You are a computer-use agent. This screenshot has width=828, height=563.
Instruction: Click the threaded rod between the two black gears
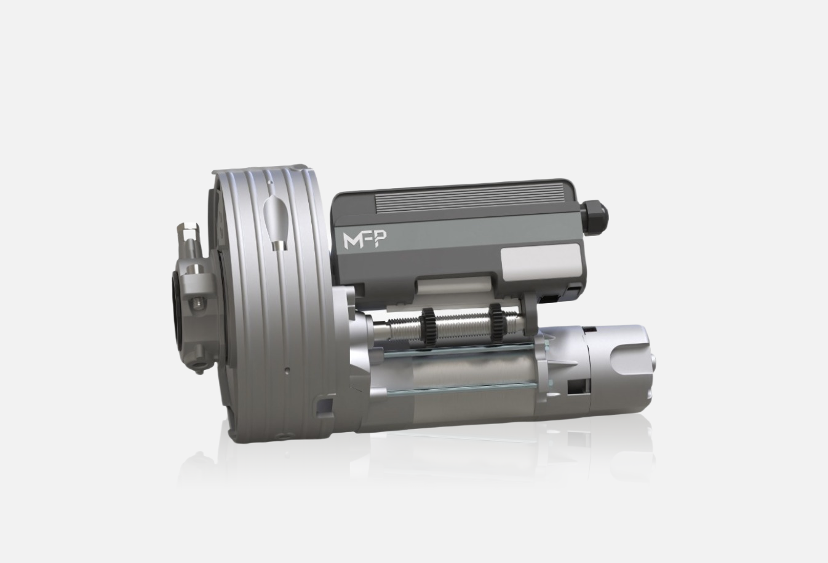click(x=461, y=322)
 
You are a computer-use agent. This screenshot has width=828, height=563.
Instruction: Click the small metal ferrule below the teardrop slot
click(x=279, y=245)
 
